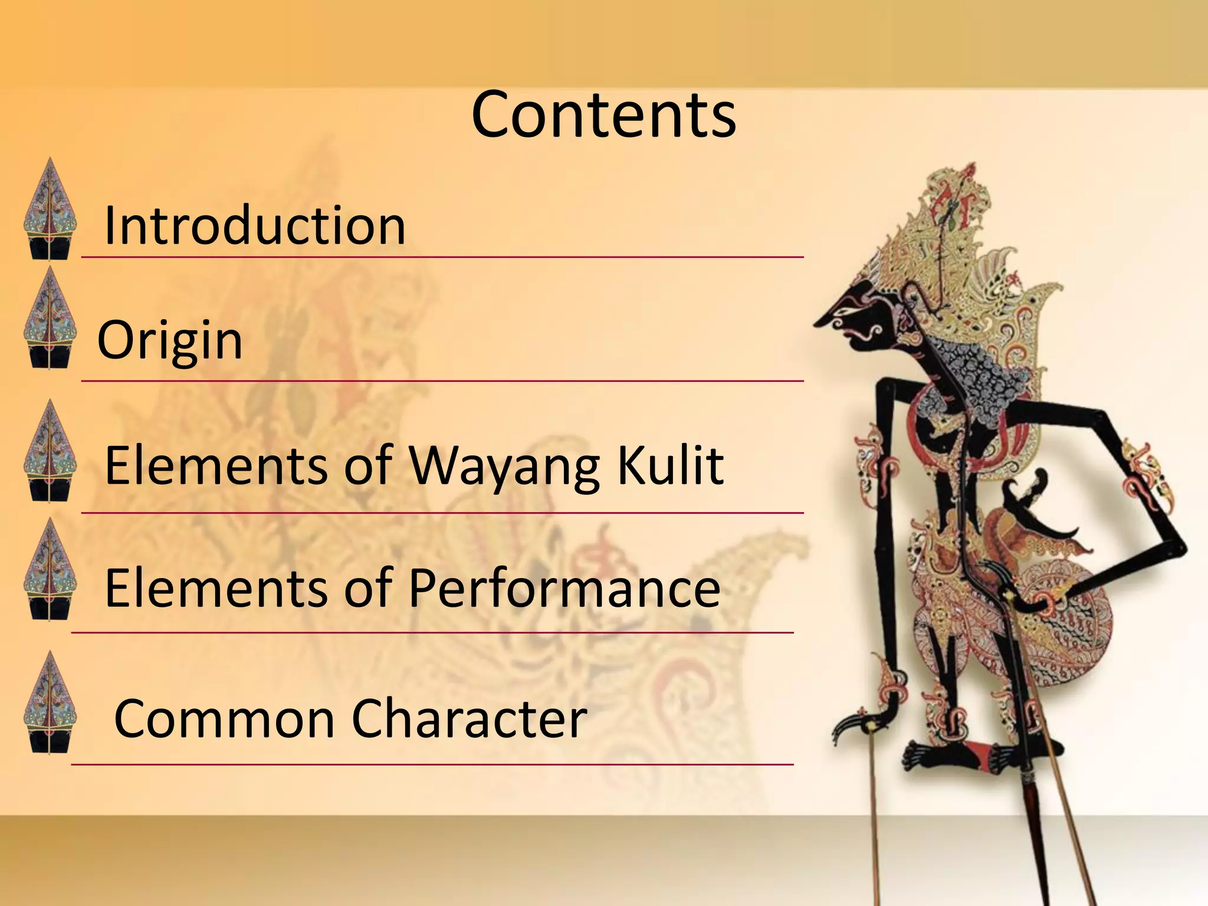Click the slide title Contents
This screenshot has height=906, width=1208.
[x=603, y=115]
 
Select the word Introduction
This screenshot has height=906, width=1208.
[x=254, y=225]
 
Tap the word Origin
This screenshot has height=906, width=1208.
[x=170, y=340]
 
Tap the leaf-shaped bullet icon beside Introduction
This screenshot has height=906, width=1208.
[x=50, y=209]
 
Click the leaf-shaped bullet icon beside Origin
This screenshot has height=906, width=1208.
[x=50, y=319]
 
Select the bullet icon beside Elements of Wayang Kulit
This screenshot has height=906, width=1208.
[x=50, y=451]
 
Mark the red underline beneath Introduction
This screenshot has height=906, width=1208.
[x=442, y=257]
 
